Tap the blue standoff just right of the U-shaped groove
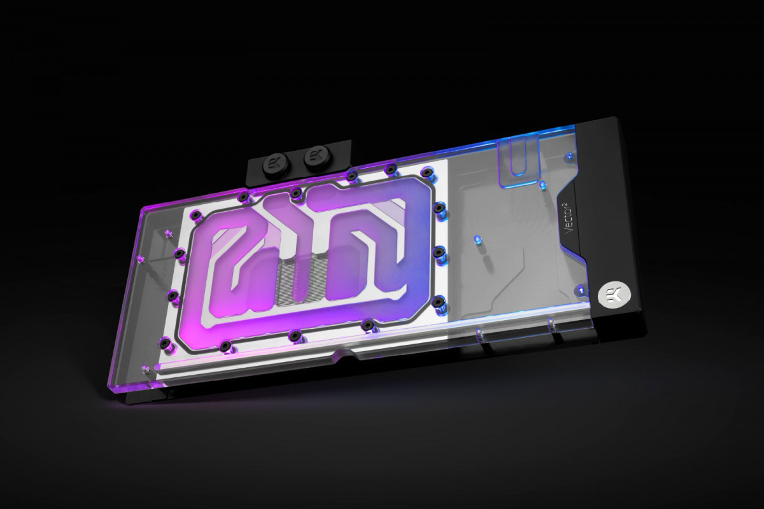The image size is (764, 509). point(543,185)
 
